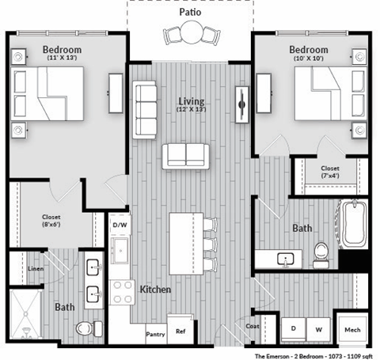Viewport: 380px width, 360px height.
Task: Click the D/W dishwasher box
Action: (x=120, y=225)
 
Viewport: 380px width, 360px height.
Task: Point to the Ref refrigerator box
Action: (x=180, y=333)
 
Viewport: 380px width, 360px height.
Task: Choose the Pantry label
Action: (x=155, y=335)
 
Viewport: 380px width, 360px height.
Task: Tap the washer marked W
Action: (x=319, y=327)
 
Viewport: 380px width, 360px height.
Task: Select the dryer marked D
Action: (x=292, y=327)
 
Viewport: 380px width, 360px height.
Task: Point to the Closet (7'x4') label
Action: (x=330, y=172)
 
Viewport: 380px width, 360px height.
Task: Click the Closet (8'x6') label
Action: (x=51, y=221)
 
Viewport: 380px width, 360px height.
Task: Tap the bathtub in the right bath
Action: (x=352, y=223)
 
